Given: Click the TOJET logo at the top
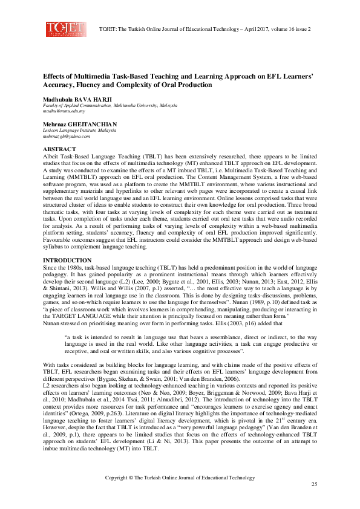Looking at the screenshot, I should (x=62, y=28).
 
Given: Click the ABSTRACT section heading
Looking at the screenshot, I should (x=59, y=149).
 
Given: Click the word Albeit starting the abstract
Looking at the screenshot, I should (x=50, y=155).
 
